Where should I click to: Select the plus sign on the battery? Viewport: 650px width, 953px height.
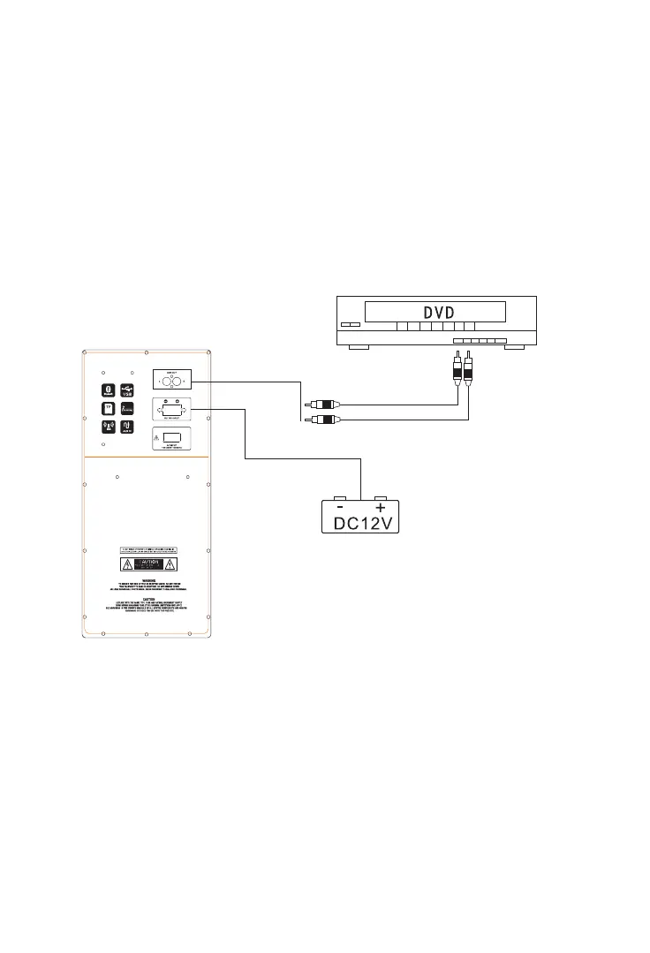(x=381, y=508)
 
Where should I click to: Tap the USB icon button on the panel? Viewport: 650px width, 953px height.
(x=127, y=390)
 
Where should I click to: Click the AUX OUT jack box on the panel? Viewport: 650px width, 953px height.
(x=170, y=381)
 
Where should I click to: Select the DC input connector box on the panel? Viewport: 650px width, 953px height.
(x=170, y=410)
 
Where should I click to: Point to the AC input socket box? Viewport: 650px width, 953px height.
(x=170, y=440)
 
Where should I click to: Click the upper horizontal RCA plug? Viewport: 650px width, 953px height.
(x=318, y=405)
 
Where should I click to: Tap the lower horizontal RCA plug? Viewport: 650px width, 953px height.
(x=318, y=419)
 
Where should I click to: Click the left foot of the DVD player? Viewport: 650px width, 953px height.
(x=359, y=348)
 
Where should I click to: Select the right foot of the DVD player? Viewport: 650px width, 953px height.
(x=513, y=348)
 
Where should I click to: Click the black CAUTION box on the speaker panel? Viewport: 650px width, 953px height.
(x=149, y=564)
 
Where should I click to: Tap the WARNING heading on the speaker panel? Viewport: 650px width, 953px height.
(x=149, y=579)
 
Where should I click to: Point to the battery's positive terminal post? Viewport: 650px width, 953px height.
(x=381, y=497)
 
